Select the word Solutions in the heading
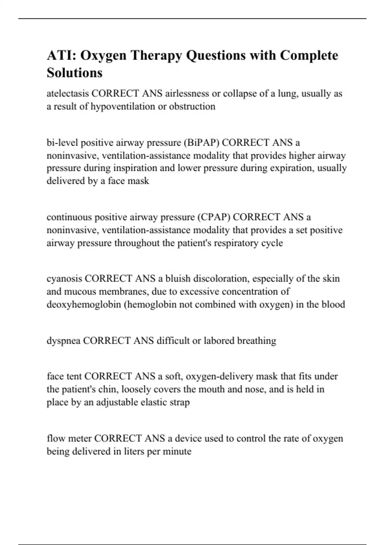(74, 73)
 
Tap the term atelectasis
(68, 94)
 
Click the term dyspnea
(64, 340)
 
